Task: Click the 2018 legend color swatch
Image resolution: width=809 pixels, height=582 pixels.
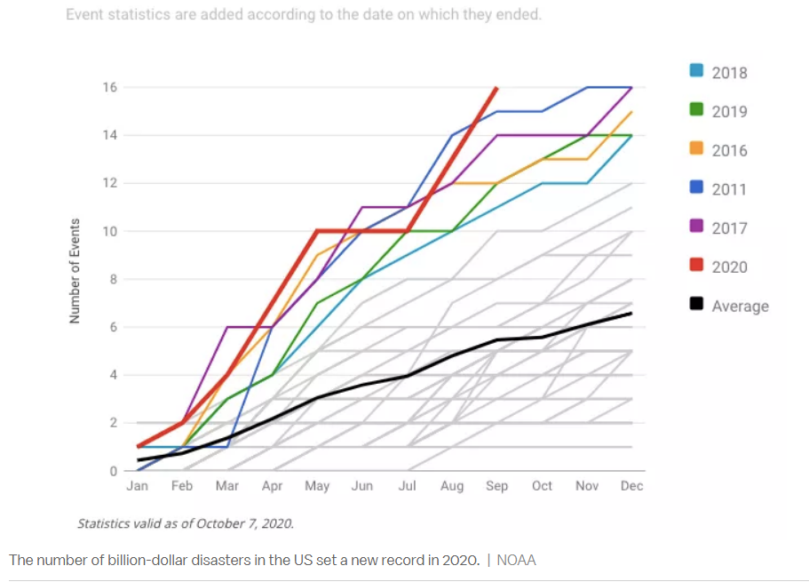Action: tap(698, 72)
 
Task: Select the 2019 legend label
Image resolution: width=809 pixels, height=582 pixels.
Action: tap(729, 112)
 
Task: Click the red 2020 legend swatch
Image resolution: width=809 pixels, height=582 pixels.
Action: tap(698, 266)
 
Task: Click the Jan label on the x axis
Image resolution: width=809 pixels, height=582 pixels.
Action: tap(138, 486)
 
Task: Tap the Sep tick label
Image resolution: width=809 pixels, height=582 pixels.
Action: tap(497, 486)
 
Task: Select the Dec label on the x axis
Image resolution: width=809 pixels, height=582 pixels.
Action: tap(632, 486)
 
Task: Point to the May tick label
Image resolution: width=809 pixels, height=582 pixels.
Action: tap(317, 486)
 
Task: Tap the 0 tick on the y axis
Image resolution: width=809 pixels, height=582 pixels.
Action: tap(113, 471)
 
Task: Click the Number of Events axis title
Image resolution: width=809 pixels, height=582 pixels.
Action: tap(75, 270)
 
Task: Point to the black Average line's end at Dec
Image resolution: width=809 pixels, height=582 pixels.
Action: tap(631, 313)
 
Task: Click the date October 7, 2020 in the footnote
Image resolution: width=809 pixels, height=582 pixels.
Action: tap(245, 523)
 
